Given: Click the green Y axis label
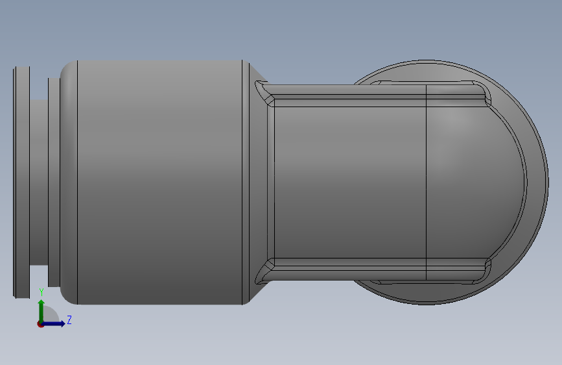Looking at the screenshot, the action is (x=41, y=292).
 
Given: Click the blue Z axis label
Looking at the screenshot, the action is (x=69, y=320).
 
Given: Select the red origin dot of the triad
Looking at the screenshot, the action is (x=40, y=324).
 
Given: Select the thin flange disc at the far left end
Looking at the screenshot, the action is (x=21, y=182).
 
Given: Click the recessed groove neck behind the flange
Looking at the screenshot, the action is (x=39, y=182).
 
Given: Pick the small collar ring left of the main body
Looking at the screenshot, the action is (x=54, y=182).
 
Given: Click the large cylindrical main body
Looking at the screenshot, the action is (x=160, y=182).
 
